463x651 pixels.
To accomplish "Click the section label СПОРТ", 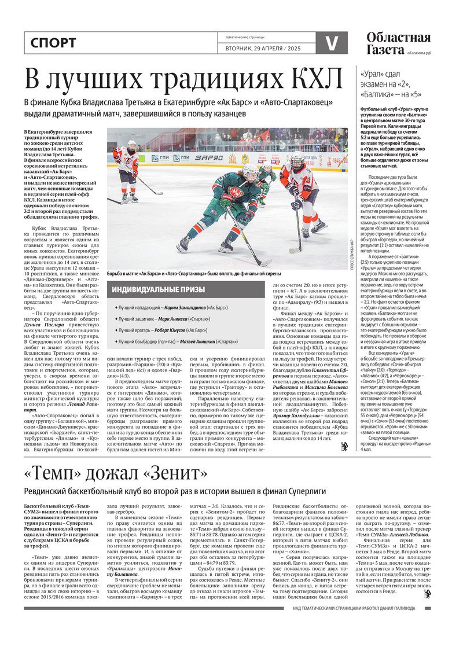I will tap(53, 43).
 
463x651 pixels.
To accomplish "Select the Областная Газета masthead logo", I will tap(398, 43).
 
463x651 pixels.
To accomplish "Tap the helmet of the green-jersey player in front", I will tap(251, 171).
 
